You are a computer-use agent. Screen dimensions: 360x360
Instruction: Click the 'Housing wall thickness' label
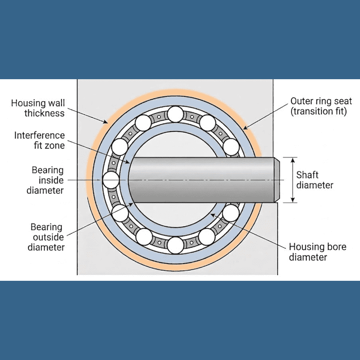[x=38, y=108]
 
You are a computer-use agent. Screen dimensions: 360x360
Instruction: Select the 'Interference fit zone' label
[x=40, y=140]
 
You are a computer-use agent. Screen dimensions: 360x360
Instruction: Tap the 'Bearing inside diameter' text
[x=45, y=180]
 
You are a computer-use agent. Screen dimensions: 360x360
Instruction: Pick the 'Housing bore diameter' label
[x=318, y=252]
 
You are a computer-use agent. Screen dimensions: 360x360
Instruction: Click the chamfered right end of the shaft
[x=277, y=180]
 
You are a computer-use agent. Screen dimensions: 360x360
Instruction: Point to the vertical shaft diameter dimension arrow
[x=293, y=180]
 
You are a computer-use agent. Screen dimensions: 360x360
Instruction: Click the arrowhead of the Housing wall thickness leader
[x=107, y=122]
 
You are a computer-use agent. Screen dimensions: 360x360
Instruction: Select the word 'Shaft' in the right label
[x=307, y=175]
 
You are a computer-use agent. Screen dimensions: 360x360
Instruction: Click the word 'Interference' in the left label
[x=40, y=136]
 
